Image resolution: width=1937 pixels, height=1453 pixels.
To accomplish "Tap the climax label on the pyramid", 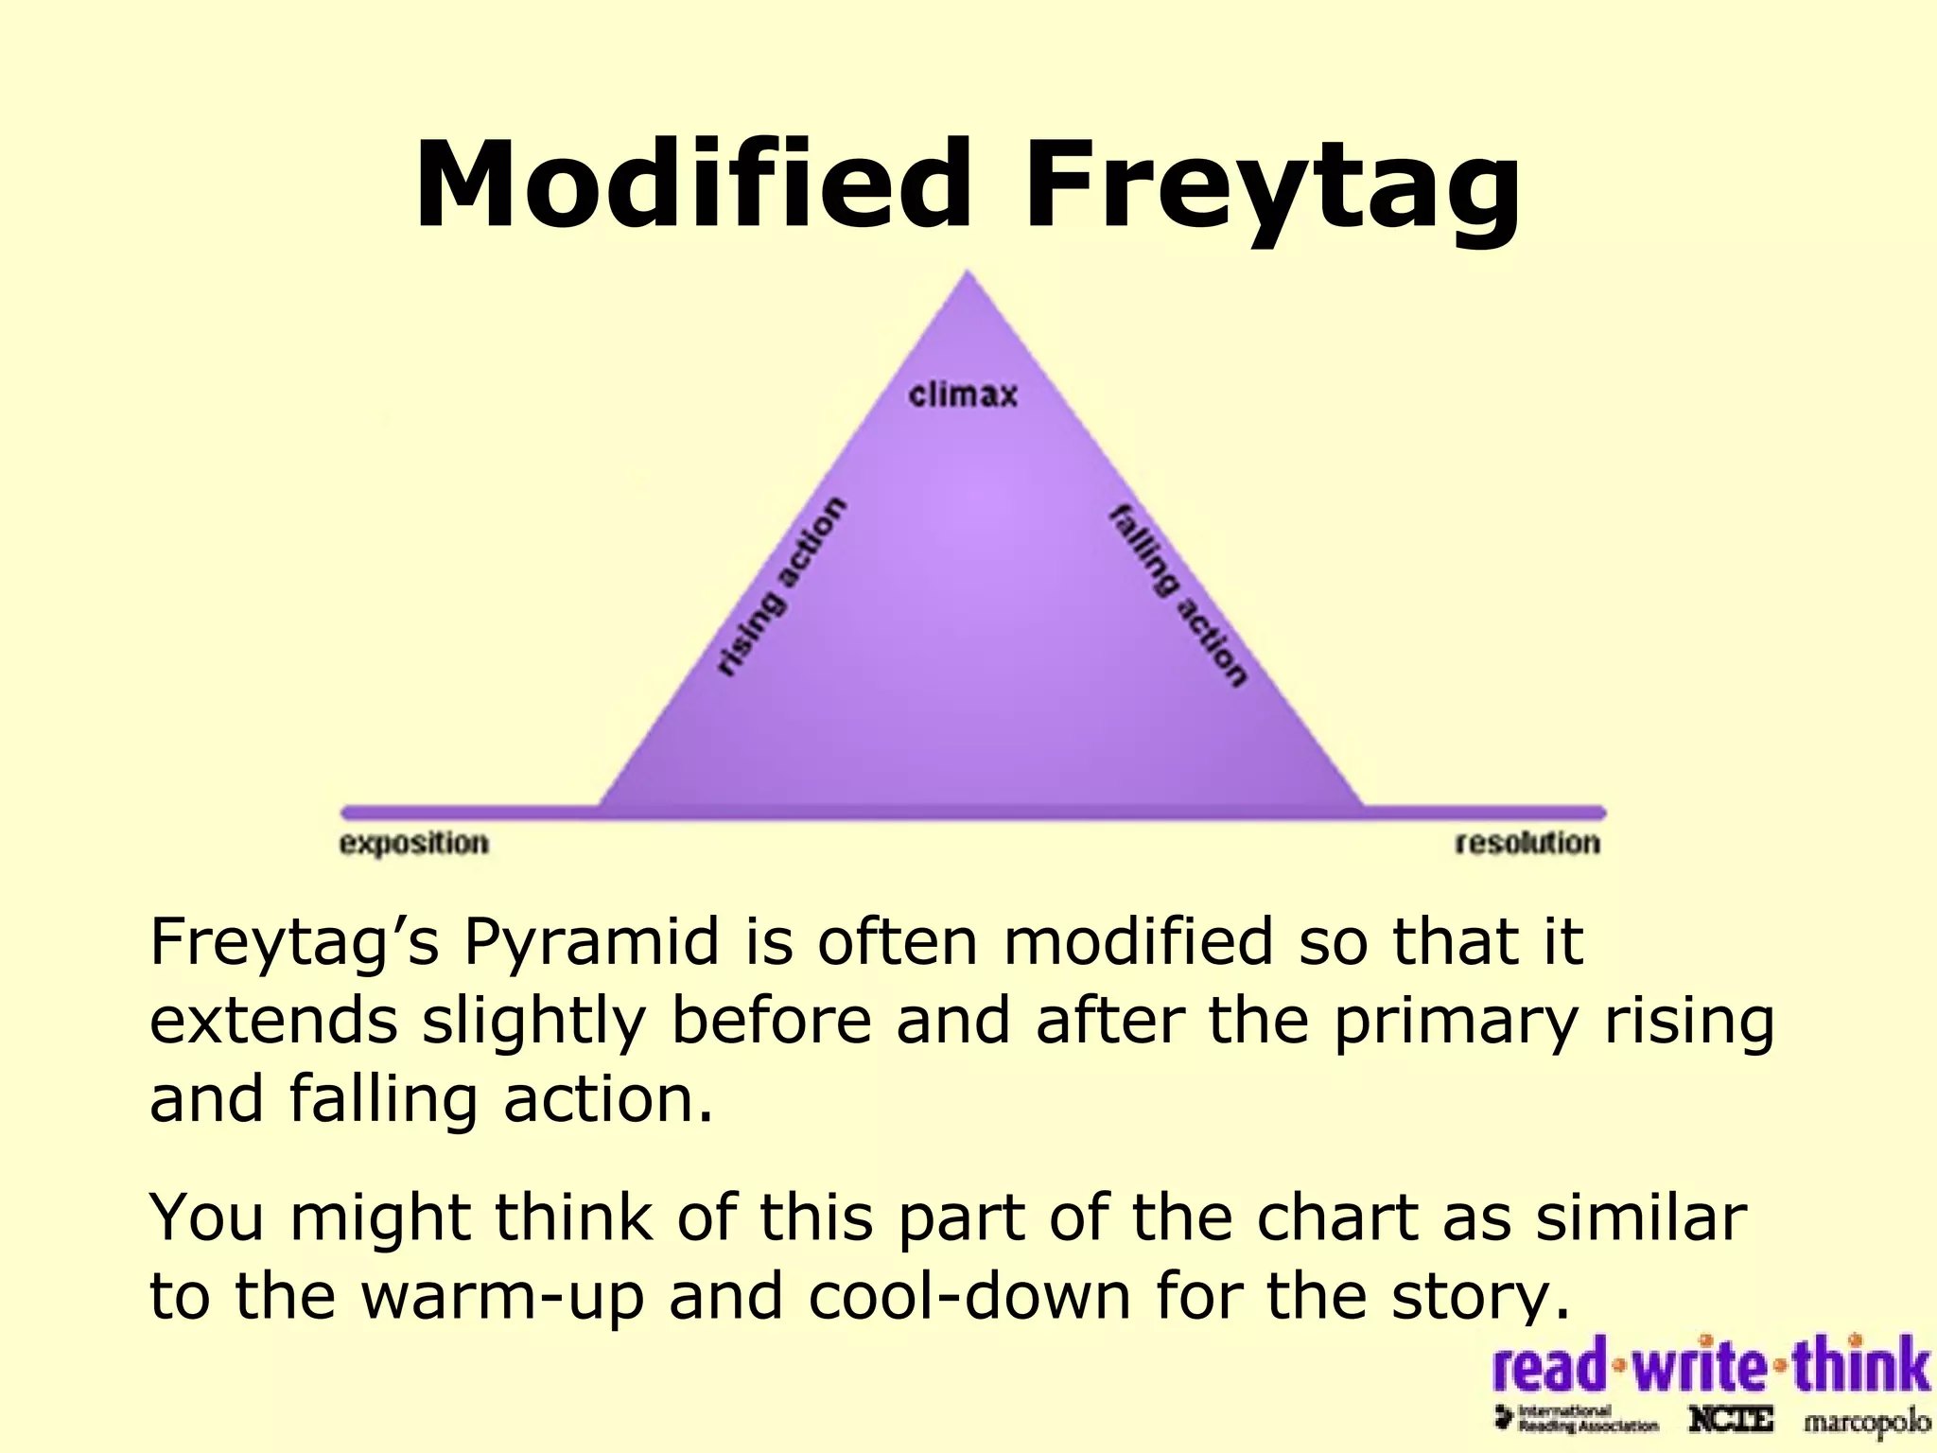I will point(963,394).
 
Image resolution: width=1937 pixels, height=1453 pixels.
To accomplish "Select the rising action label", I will point(779,586).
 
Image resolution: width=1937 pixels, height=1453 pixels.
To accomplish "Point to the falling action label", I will point(1178,596).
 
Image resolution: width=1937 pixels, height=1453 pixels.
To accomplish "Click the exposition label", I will point(414,843).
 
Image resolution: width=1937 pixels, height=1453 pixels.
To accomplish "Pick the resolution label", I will point(1527,843).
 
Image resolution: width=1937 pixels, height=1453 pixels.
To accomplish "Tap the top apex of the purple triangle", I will point(967,276).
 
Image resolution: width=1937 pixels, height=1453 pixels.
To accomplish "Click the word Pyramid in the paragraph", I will point(591,942).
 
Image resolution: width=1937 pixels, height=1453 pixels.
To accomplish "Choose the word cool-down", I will point(969,1296).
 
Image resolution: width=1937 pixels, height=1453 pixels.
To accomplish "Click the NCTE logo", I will point(1730,1420).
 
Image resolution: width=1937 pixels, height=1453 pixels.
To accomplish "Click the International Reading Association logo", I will point(1576,1419).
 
